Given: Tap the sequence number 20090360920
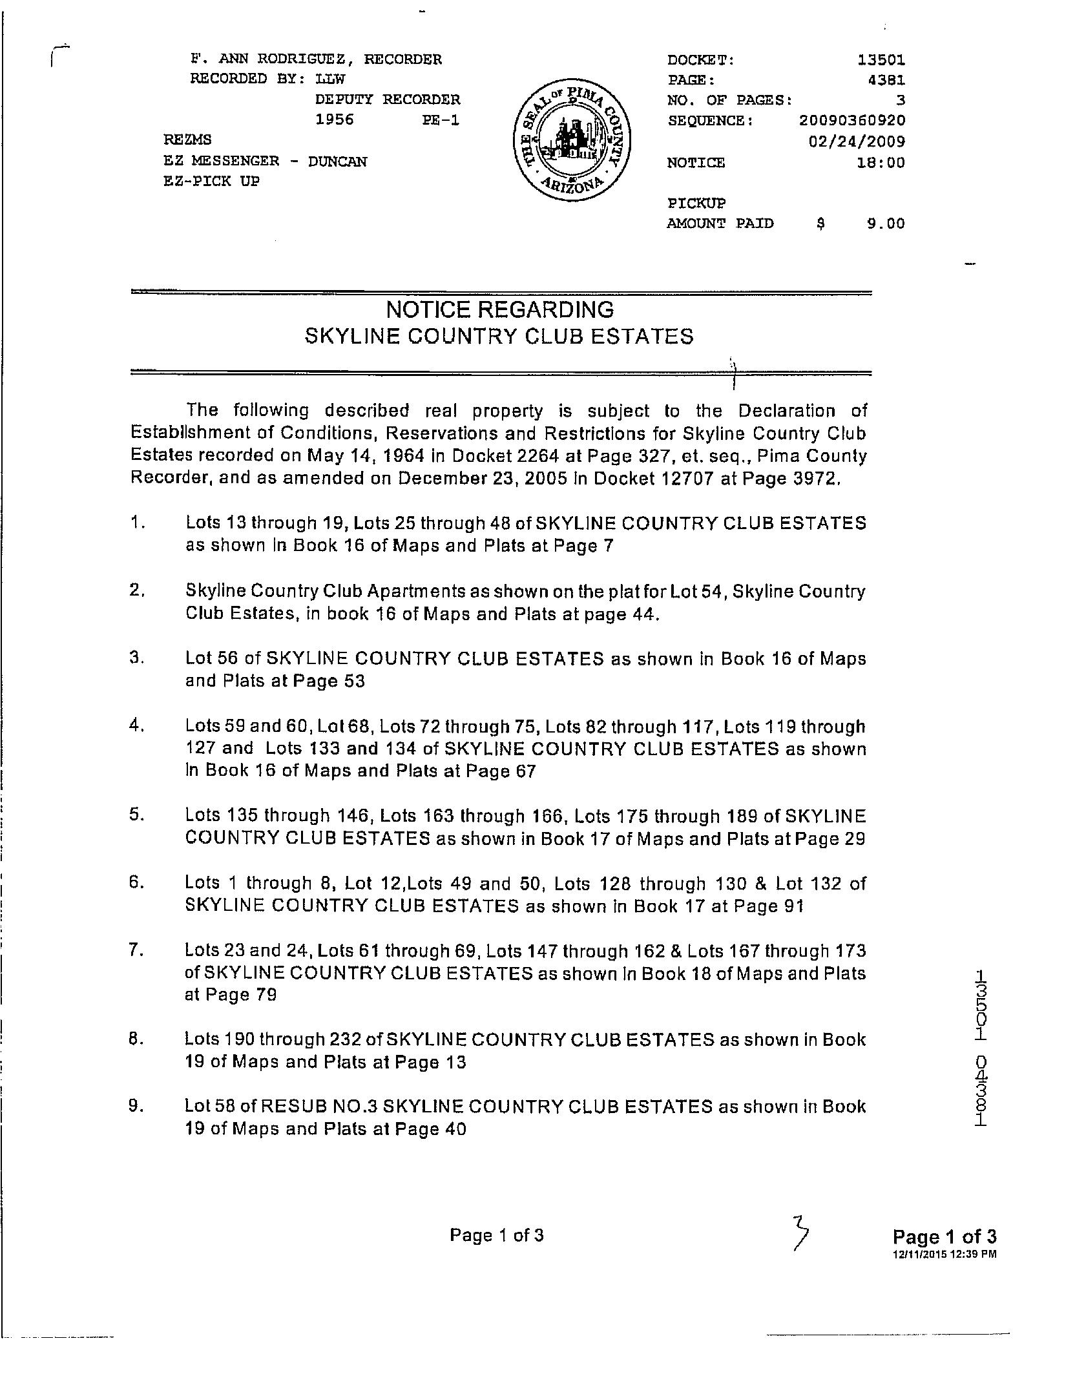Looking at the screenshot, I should (851, 121).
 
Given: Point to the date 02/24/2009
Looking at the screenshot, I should (857, 141).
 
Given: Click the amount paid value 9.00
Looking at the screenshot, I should (885, 224).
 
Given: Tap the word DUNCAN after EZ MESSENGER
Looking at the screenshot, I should (337, 161).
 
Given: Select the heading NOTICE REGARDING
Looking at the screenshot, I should (499, 311).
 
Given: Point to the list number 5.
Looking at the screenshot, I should (136, 815).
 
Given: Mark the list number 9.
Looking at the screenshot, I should (136, 1106).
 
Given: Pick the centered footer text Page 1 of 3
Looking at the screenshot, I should (497, 1235).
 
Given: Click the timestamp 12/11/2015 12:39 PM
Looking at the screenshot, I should (944, 1254).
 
